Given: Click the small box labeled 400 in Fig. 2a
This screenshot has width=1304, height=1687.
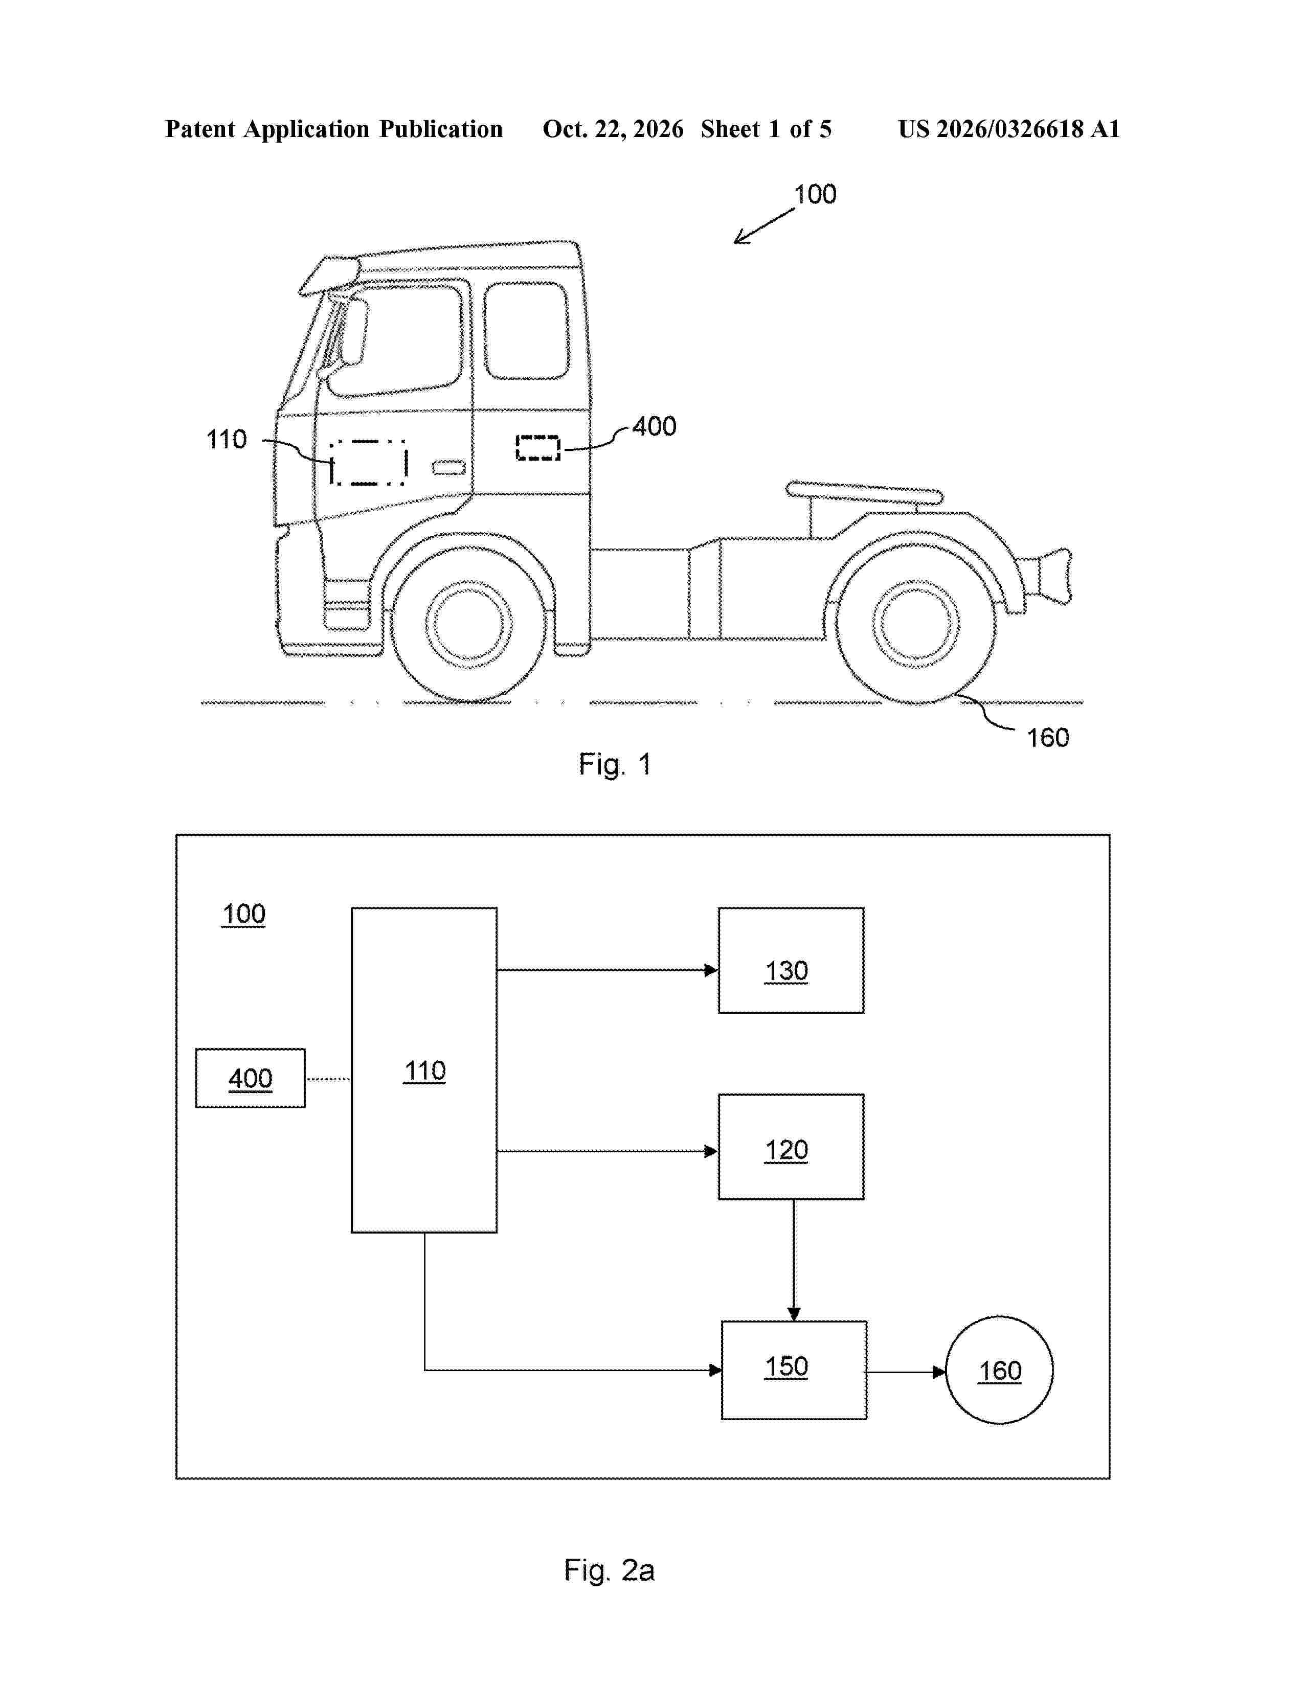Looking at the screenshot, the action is tap(250, 1078).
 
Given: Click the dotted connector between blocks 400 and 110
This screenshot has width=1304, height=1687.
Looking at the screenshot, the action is tap(328, 1079).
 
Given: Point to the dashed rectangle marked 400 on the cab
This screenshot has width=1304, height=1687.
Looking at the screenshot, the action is tap(537, 448).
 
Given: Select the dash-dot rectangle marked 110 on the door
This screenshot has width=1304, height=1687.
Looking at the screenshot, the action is tap(369, 463).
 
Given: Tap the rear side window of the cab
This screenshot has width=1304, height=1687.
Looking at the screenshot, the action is tap(527, 331).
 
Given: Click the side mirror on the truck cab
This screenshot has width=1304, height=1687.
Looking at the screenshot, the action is tap(354, 332).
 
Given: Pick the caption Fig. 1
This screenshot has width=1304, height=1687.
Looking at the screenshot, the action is tap(615, 765).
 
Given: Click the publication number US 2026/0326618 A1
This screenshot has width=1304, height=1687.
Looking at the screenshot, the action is tap(1009, 129).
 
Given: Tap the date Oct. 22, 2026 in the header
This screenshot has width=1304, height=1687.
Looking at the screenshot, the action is tap(613, 129).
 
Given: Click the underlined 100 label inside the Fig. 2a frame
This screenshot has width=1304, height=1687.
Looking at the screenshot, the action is tap(243, 914).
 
